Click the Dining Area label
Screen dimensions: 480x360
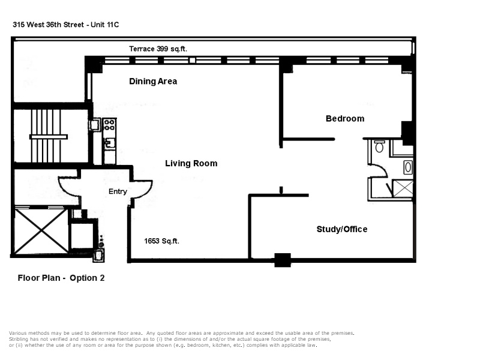[x=153, y=81]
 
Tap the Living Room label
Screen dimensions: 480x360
[x=191, y=163]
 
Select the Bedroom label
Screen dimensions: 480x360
[x=344, y=118]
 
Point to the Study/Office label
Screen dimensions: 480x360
[x=341, y=229]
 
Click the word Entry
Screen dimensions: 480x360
[x=118, y=192]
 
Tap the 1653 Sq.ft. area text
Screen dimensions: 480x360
[x=161, y=241]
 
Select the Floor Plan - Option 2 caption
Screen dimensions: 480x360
[x=61, y=278]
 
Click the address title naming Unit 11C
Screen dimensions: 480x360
[x=70, y=25]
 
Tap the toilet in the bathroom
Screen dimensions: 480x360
[x=379, y=146]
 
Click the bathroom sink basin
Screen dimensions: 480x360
[x=408, y=166]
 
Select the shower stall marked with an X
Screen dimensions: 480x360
[x=403, y=188]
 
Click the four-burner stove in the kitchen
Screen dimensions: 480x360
[x=109, y=125]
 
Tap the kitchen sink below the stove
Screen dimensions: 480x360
[x=109, y=142]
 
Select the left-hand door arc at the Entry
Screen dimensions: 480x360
[x=67, y=187]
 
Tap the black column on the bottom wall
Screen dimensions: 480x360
[x=282, y=260]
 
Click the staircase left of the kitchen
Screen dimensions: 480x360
[x=50, y=136]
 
